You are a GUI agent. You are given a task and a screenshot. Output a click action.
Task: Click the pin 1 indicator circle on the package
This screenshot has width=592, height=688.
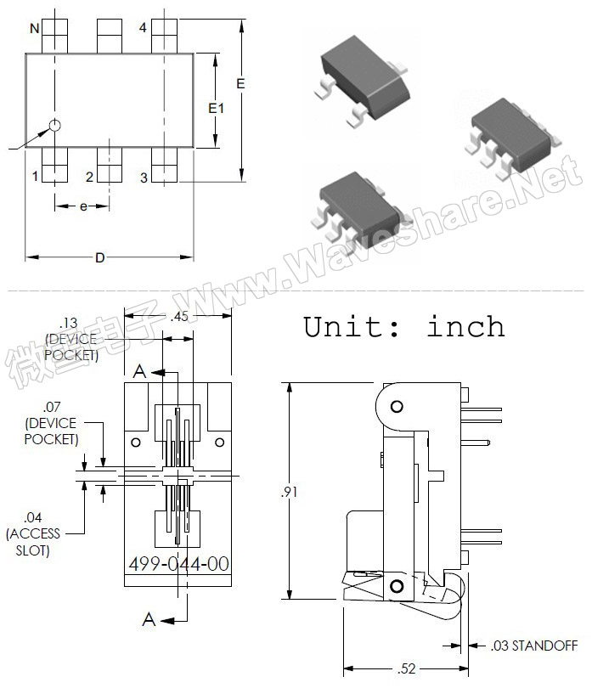(54, 126)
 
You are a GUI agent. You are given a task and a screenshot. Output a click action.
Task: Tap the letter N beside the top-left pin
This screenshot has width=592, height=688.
(35, 29)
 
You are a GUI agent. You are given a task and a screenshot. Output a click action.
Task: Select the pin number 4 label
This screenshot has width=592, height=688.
(143, 28)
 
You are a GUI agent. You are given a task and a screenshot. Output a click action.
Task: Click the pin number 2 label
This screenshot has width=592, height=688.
(89, 177)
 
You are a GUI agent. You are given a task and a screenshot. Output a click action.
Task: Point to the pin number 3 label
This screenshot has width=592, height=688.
(144, 178)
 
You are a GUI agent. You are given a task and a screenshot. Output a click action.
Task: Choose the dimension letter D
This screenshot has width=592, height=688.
(100, 257)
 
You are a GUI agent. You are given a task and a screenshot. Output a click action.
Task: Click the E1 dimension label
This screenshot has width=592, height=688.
(216, 108)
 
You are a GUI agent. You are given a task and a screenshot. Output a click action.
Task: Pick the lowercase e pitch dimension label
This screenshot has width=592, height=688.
(83, 206)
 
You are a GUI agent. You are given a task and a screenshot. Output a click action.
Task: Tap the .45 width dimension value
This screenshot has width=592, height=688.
(179, 316)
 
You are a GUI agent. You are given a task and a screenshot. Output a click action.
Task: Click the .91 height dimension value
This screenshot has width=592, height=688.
(289, 492)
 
